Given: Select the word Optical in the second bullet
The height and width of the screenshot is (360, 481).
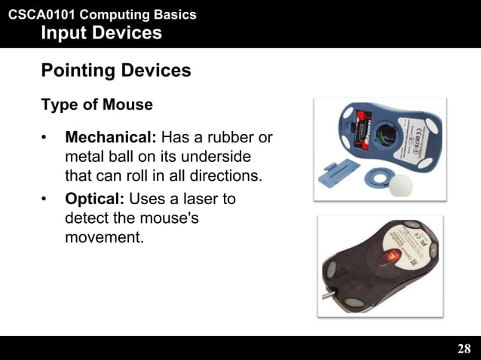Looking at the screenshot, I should click(95, 200).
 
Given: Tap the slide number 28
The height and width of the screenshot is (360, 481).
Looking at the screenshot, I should click(464, 348).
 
